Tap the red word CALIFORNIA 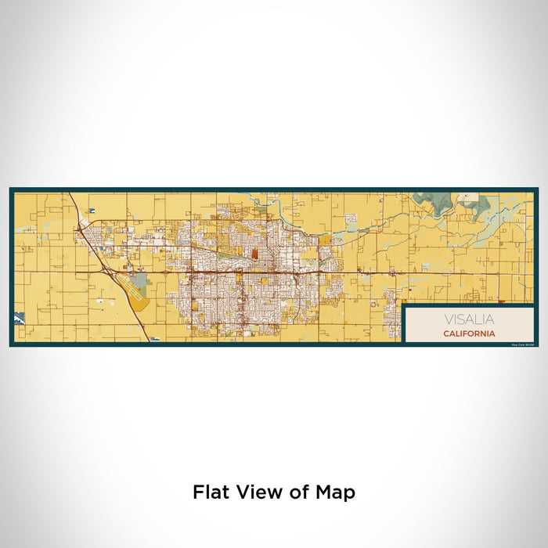(x=468, y=333)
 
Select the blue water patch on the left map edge (x=19, y=318)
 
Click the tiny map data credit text (x=501, y=343)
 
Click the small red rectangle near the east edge (x=499, y=301)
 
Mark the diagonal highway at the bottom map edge (x=148, y=337)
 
